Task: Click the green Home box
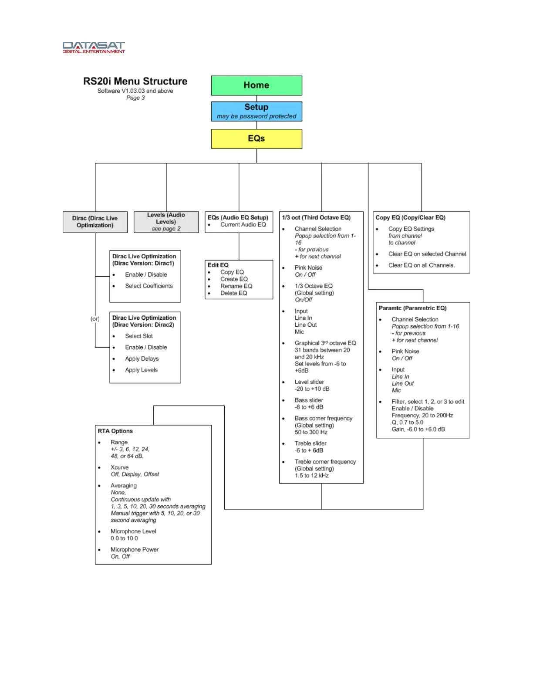point(256,85)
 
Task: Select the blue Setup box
point(256,111)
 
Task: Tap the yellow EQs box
point(256,139)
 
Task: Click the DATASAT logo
point(94,47)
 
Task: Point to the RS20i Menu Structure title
point(135,81)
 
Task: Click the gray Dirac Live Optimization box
point(95,222)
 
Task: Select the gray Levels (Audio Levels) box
point(166,222)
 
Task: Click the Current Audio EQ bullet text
point(243,225)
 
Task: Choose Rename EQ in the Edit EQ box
point(236,286)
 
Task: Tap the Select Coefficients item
point(148,286)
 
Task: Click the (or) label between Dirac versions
point(95,319)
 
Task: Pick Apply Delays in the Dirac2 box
point(142,359)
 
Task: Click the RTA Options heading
point(115,431)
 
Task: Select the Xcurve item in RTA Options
point(119,467)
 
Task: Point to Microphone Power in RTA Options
point(134,550)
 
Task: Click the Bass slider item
point(309,400)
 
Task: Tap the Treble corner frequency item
point(325,462)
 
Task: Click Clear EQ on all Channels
point(421,265)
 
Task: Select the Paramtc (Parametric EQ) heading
point(412,308)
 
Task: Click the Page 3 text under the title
point(135,98)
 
